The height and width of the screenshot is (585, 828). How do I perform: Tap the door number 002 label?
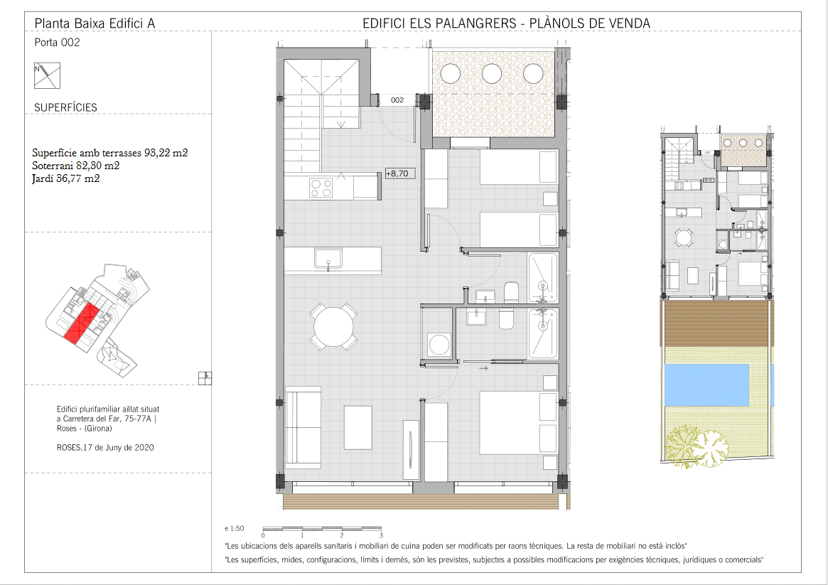coord(397,100)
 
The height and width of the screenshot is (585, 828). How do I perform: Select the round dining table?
coord(334,327)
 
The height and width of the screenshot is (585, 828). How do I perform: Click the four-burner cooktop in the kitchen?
coord(321,188)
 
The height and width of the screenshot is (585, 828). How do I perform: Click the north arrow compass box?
coord(47,75)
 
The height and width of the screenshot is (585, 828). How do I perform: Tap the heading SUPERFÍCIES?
coord(65,108)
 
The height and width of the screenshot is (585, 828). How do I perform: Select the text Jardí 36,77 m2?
coord(66,178)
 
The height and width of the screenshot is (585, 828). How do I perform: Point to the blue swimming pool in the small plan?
coord(706,385)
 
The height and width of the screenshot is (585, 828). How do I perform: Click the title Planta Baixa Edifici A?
coord(95,23)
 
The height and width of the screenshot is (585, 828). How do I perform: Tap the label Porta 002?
coord(57,42)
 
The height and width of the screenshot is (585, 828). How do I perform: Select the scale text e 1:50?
coord(235,528)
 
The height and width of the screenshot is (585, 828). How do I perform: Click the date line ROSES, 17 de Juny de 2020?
coord(106,448)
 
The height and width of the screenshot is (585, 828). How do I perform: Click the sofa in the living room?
coord(303,428)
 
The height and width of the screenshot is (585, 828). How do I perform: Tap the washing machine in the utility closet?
coord(439,345)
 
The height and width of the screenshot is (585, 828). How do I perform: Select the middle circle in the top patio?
coord(492,73)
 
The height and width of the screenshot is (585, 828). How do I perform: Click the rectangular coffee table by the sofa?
coord(358,427)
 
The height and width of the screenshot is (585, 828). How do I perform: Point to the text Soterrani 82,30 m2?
coord(75,166)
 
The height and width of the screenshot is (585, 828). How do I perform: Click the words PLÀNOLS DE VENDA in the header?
coord(589,23)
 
